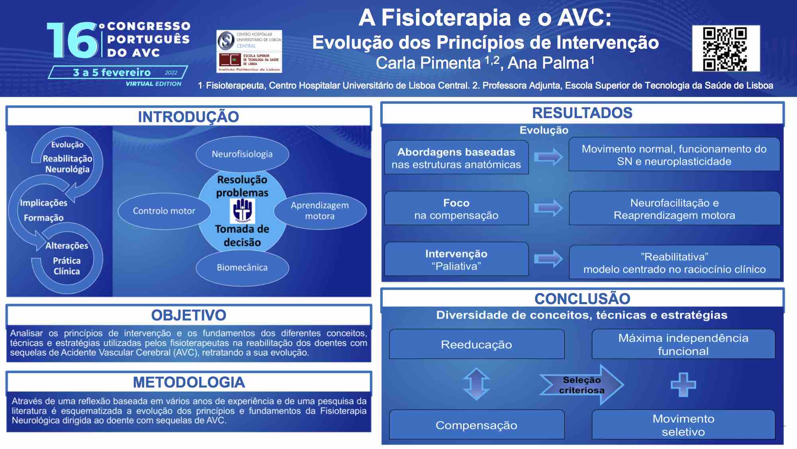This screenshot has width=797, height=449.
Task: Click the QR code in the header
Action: pyautogui.click(x=726, y=49)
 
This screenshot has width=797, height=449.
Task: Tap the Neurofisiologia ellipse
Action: pyautogui.click(x=242, y=154)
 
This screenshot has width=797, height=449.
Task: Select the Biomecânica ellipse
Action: pyautogui.click(x=242, y=267)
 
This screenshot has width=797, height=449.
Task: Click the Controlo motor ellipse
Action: pyautogui.click(x=164, y=211)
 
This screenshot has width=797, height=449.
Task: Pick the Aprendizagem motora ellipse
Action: pyautogui.click(x=320, y=211)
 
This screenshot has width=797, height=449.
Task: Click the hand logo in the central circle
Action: pyautogui.click(x=242, y=211)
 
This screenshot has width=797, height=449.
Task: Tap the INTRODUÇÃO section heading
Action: pyautogui.click(x=188, y=117)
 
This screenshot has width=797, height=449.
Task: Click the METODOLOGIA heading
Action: pyautogui.click(x=188, y=382)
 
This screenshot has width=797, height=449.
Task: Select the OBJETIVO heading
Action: pyautogui.click(x=188, y=315)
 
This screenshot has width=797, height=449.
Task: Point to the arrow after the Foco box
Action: pyautogui.click(x=548, y=208)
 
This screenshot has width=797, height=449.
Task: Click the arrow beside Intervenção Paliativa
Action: pyautogui.click(x=548, y=259)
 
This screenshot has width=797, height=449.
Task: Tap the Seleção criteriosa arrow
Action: pyautogui.click(x=582, y=385)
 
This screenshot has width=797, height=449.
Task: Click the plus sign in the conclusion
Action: pyautogui.click(x=683, y=385)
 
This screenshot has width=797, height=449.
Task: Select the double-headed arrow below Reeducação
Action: pyautogui.click(x=476, y=384)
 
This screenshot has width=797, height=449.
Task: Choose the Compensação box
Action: pyautogui.click(x=477, y=425)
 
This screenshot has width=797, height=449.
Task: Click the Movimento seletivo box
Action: pyautogui.click(x=683, y=425)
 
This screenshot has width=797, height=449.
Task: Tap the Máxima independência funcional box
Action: pyautogui.click(x=683, y=344)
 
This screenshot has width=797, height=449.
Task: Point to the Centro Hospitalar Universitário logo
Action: pyautogui.click(x=249, y=40)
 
